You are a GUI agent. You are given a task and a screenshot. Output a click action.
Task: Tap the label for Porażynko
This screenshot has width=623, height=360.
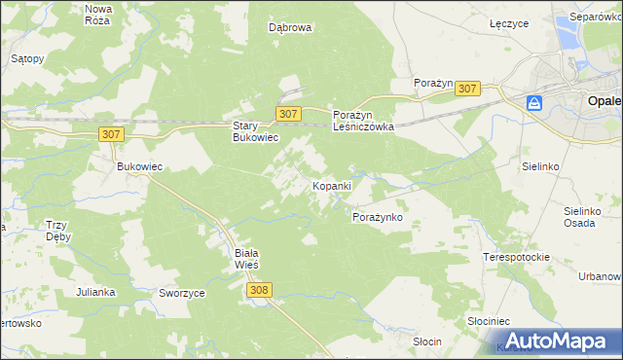pyautogui.click(x=377, y=217)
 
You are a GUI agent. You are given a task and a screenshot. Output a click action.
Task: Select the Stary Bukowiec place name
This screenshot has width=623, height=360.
pyautogui.click(x=255, y=131)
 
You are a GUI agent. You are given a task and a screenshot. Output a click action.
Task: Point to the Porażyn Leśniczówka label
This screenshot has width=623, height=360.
pyautogui.click(x=363, y=120)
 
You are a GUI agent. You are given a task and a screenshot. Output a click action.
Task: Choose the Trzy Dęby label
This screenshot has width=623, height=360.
pyautogui.click(x=56, y=231)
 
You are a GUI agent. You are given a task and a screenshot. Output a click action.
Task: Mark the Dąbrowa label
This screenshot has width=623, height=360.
pyautogui.click(x=290, y=28)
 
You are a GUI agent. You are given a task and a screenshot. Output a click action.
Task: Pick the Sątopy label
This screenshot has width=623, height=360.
pyautogui.click(x=27, y=58)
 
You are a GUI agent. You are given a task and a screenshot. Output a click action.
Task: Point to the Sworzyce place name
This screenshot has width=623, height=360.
pyautogui.click(x=180, y=292)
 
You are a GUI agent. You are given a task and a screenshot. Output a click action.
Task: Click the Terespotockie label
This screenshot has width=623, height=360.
pyautogui.click(x=516, y=257)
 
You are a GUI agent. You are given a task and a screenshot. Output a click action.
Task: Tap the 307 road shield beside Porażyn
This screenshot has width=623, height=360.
pyautogui.click(x=467, y=89)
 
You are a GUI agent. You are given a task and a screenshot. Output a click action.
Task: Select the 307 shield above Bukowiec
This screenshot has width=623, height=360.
pyautogui.click(x=112, y=134)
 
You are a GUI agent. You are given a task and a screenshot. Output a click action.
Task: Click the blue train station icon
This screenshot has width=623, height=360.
pyautogui.click(x=533, y=102)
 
